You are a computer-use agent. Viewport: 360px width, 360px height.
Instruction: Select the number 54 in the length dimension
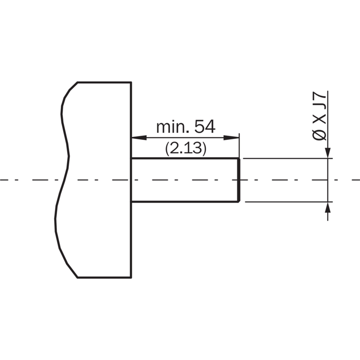coord(205,126)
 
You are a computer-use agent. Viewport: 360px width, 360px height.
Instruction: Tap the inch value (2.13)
coord(186,148)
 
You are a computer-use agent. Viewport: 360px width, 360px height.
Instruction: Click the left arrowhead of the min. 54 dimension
coord(139,138)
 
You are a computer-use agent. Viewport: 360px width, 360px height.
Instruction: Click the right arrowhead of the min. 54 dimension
coord(231,138)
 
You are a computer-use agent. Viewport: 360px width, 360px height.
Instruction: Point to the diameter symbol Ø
coord(319,135)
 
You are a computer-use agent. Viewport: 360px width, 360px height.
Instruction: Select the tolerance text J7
coord(319,101)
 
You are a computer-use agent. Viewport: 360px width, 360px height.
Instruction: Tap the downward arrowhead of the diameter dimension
coord(328,153)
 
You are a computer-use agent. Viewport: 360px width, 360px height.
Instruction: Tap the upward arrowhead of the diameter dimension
coord(328,208)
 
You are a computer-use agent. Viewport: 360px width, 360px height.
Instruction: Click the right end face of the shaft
coord(239,180)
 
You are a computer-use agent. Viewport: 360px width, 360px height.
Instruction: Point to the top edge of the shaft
coord(185,158)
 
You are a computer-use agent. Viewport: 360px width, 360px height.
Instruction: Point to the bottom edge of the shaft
coord(184,202)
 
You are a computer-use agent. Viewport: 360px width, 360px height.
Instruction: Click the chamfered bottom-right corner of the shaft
coord(239,201)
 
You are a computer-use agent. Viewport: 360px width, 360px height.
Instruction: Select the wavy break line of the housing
coord(62,180)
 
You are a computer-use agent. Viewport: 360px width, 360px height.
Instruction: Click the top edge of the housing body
coord(104,82)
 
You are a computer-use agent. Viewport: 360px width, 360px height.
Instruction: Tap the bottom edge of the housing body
coord(104,278)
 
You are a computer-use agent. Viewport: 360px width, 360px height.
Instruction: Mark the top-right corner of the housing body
coord(131,82)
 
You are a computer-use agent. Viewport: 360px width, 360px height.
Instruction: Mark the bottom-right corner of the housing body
coord(131,278)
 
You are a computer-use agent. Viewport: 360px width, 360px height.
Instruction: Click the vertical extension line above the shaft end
coord(239,145)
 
